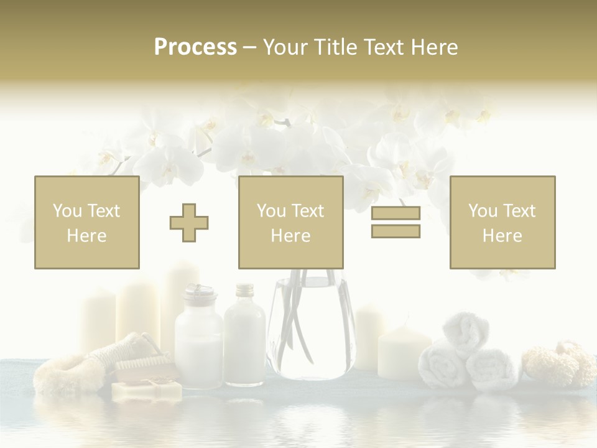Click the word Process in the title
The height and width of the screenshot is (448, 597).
195,47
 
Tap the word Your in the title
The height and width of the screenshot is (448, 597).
283,47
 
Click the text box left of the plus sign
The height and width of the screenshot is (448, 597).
87,222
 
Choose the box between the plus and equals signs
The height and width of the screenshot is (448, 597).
290,222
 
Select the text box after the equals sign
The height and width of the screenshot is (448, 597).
502,222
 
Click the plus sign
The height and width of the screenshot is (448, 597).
189,222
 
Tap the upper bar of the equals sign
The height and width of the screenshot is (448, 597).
396,213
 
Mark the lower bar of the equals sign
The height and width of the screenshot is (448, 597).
396,231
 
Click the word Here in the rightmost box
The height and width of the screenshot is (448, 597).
502,235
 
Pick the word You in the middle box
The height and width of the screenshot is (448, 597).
271,211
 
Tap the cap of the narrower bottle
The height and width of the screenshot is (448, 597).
245,290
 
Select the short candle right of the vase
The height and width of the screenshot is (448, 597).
404,352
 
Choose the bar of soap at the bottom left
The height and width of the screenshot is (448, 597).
147,390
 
